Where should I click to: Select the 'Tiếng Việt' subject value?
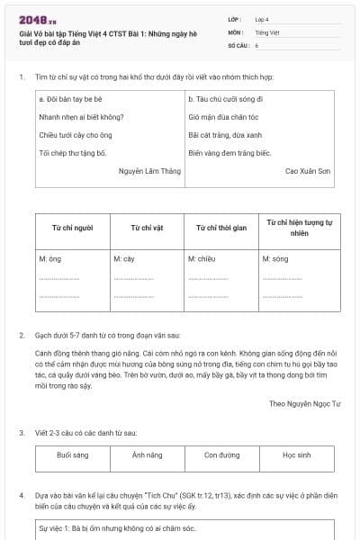tap(267, 31)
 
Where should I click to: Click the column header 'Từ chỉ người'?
tap(72, 228)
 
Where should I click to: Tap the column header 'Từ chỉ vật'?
tap(147, 228)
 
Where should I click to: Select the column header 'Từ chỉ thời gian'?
tap(220, 228)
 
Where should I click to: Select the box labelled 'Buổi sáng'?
tap(73, 455)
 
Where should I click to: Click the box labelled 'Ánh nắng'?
tap(147, 455)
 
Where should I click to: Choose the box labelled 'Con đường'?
tap(221, 455)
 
